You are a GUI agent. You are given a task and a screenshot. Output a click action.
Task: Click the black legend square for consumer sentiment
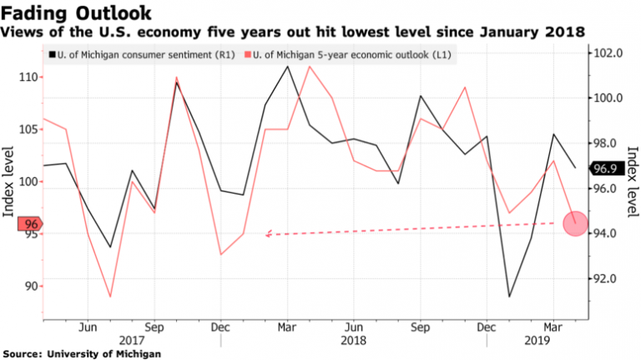click(53, 56)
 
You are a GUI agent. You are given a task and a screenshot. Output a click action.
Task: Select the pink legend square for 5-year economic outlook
click(248, 56)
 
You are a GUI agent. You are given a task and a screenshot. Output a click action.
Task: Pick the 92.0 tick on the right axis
click(610, 278)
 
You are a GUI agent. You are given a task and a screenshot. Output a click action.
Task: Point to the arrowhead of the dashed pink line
click(268, 235)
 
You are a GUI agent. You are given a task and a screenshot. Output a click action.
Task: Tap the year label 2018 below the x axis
click(354, 341)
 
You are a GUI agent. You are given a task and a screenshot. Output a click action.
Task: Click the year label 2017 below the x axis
click(132, 341)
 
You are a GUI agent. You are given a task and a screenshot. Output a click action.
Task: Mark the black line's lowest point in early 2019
click(509, 297)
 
